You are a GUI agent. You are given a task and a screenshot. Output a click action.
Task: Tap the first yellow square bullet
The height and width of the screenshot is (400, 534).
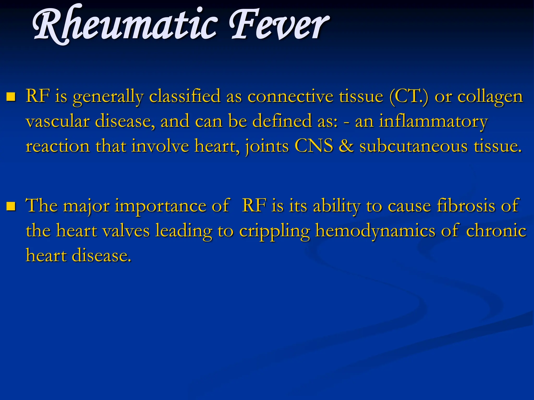(11, 97)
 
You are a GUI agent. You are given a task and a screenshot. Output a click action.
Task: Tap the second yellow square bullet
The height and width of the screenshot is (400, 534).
(11, 206)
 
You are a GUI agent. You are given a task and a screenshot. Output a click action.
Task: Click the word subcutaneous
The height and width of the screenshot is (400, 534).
(413, 146)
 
